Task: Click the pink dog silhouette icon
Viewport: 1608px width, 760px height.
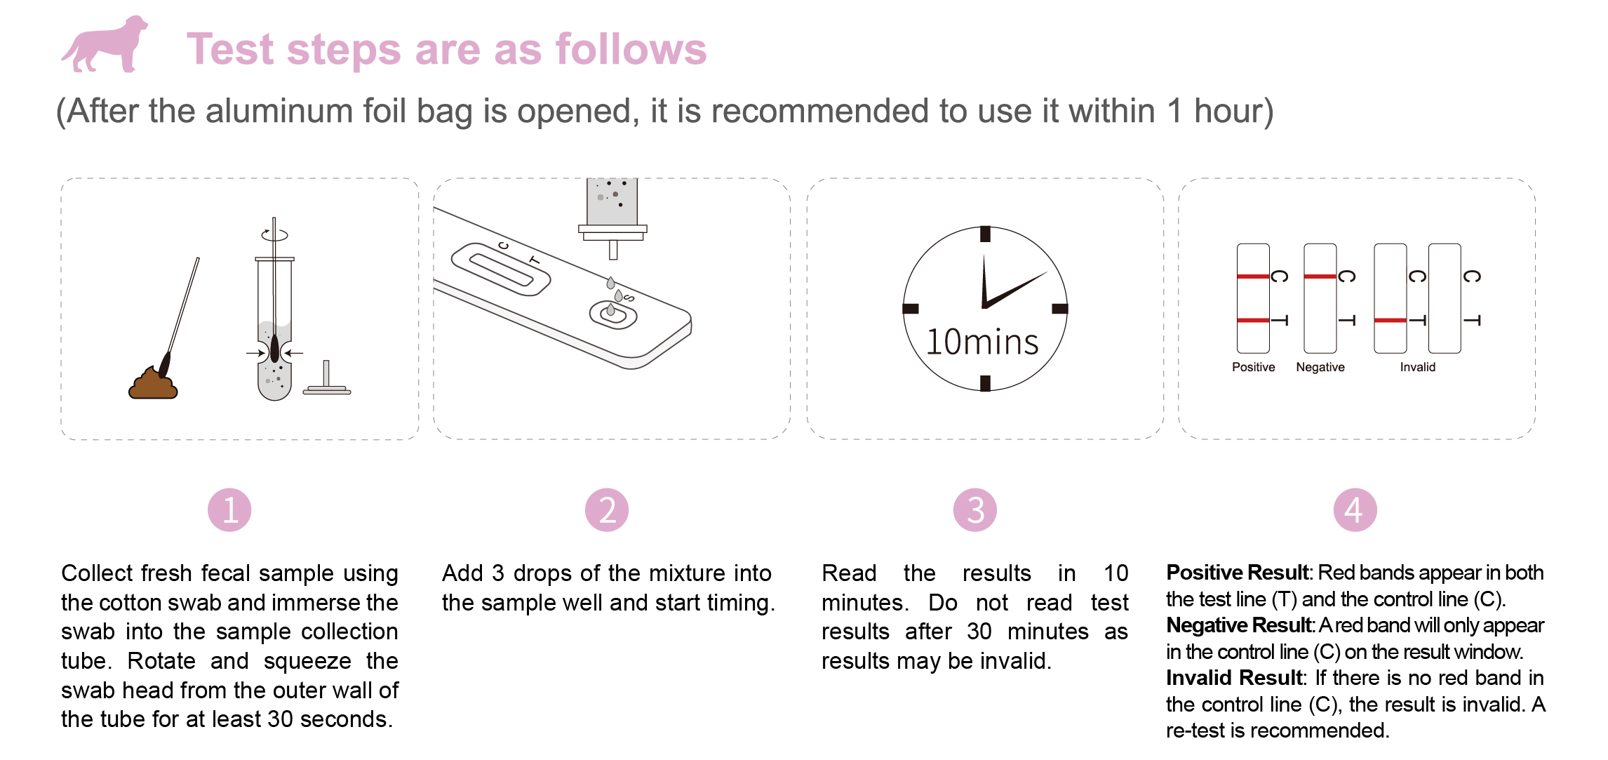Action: (x=105, y=44)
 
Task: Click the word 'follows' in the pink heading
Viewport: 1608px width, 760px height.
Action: (x=631, y=49)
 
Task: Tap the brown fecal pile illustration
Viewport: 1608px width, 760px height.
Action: (x=153, y=383)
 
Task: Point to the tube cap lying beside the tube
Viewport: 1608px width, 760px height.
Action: (x=326, y=379)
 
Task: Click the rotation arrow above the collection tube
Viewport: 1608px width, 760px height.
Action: (x=274, y=234)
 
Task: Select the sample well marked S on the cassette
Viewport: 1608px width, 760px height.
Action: (x=612, y=315)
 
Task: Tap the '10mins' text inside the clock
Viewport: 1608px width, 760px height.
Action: (x=982, y=342)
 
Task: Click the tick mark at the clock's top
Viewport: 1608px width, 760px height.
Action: (x=985, y=234)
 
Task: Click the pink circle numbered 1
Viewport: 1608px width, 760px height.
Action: (x=229, y=510)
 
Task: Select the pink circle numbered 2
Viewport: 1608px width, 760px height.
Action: (x=607, y=510)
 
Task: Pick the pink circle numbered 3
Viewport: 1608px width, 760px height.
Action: (x=975, y=510)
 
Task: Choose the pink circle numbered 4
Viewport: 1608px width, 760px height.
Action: (x=1355, y=510)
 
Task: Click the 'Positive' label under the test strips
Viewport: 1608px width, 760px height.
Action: (x=1254, y=367)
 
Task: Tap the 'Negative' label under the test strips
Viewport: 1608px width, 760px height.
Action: (x=1320, y=367)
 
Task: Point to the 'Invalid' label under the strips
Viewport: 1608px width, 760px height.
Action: (x=1418, y=367)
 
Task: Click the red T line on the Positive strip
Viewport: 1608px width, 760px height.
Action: (x=1253, y=320)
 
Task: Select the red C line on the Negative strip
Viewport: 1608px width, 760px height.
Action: (x=1320, y=276)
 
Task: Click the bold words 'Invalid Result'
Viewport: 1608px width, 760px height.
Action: (x=1234, y=678)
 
